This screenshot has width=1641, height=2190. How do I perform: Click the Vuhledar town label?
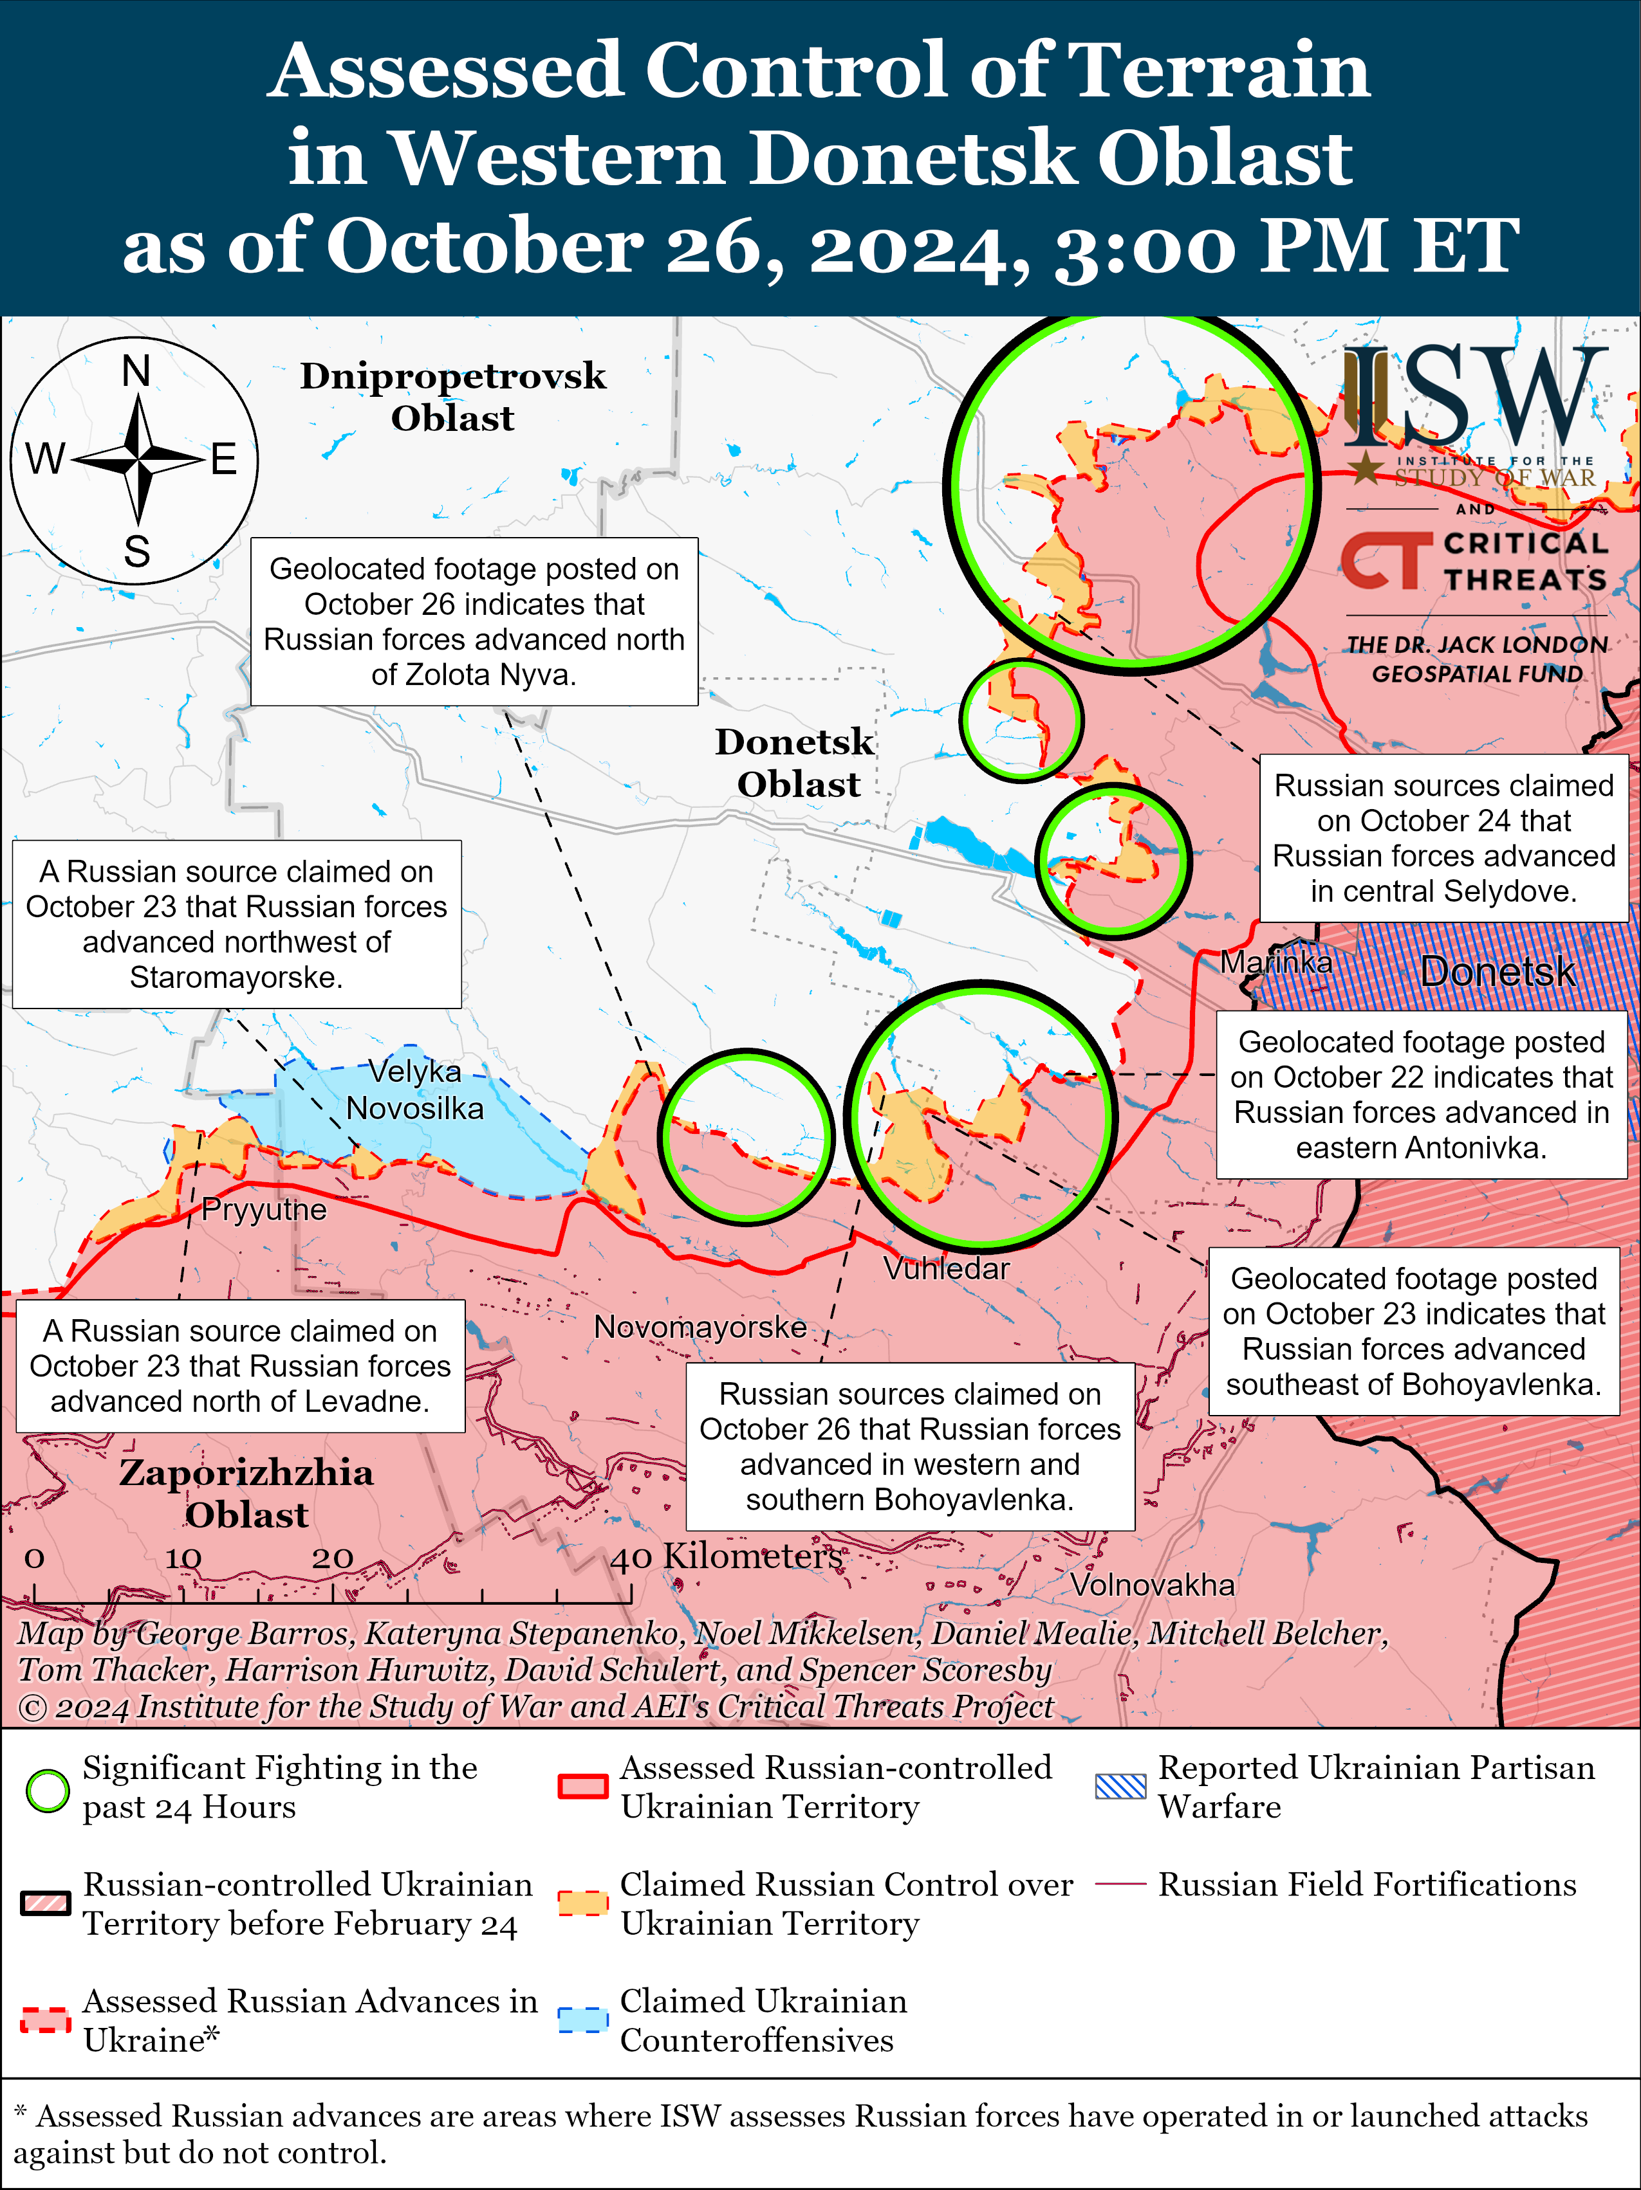[946, 1268]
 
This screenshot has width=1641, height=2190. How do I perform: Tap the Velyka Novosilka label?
[415, 1089]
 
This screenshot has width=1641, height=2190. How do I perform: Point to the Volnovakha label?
[1152, 1585]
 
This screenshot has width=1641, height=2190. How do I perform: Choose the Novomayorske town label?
[700, 1327]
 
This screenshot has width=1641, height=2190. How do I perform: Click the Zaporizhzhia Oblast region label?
[246, 1493]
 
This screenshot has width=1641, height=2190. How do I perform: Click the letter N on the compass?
[136, 372]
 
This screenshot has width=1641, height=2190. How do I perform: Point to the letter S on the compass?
[136, 551]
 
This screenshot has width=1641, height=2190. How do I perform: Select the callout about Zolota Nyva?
[474, 622]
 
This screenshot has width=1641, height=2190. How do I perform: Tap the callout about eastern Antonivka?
[1421, 1094]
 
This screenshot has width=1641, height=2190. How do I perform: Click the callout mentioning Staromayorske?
[237, 924]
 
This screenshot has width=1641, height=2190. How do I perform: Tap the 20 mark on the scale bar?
[333, 1558]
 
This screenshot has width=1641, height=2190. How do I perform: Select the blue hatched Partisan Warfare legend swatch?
[1120, 1787]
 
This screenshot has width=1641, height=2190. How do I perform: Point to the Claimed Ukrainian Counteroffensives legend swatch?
[583, 2021]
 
